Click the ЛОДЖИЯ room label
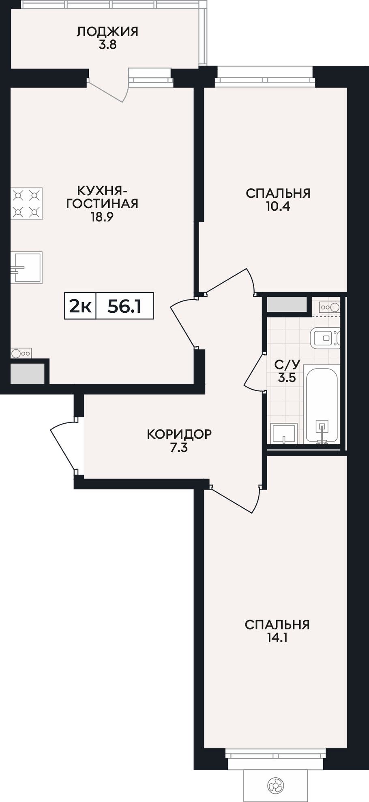click(x=107, y=32)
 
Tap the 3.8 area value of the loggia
click(x=107, y=45)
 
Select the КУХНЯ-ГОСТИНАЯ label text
click(x=102, y=196)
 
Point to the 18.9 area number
click(x=102, y=216)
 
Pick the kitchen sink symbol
click(x=27, y=267)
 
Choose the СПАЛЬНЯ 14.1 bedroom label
click(x=277, y=631)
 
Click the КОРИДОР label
click(x=179, y=435)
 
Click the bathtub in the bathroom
click(x=322, y=404)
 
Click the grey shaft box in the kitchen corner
click(x=27, y=373)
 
